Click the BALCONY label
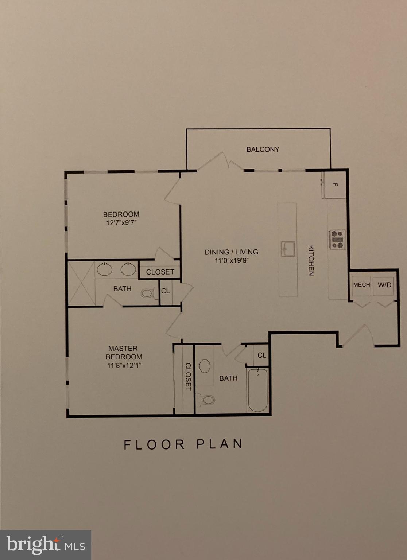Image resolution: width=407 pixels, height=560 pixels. tap(263, 149)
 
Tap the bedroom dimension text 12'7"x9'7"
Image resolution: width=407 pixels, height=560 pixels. tap(121, 223)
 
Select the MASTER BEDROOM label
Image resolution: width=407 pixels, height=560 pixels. tap(124, 353)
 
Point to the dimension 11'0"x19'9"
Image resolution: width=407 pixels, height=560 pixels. tap(231, 260)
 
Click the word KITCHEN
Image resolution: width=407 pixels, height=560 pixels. tap(311, 260)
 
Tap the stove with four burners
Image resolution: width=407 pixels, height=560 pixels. tap(337, 240)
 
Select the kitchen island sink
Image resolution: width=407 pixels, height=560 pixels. tap(288, 249)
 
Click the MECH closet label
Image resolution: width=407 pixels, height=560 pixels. tap(361, 284)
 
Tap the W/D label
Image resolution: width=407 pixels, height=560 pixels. tap(384, 284)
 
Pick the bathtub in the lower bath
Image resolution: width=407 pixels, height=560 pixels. tap(258, 390)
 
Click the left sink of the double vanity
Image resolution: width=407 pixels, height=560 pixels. tap(104, 269)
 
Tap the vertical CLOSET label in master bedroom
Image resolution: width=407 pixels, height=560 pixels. tap(188, 377)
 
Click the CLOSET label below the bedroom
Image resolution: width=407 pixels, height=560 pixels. tap(160, 272)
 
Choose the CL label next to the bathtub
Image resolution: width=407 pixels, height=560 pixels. tap(261, 355)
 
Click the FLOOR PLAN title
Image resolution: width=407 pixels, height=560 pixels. tap(183, 444)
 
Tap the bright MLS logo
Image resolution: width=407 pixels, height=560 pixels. tap(46, 545)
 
